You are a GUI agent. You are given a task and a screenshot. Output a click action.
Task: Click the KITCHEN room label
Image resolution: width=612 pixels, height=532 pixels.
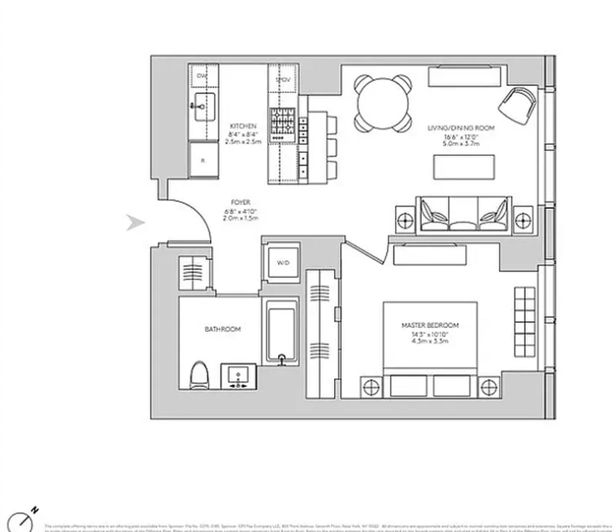[x=243, y=126]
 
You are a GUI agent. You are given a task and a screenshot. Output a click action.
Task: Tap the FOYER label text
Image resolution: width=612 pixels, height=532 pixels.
[x=241, y=202]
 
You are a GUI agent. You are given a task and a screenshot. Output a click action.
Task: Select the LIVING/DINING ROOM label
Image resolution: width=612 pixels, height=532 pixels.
[x=461, y=128]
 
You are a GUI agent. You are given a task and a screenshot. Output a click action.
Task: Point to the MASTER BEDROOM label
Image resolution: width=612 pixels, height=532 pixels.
[x=430, y=325]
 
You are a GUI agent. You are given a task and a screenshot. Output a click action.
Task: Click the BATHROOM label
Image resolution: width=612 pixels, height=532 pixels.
[x=223, y=329]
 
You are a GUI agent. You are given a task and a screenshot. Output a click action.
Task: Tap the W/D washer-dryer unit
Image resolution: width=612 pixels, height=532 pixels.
[x=283, y=263]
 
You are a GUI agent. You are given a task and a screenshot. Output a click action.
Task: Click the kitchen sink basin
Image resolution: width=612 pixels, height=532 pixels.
[x=205, y=107]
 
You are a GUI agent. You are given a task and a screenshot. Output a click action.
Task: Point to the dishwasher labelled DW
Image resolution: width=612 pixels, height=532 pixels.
[x=202, y=76]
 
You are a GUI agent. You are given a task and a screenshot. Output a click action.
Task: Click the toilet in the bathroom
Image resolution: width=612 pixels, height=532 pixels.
[x=199, y=375]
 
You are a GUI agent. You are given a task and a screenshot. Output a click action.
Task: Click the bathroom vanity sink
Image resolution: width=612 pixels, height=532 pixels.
[x=238, y=376]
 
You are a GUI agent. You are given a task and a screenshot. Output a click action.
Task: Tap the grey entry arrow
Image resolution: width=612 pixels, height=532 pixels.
[x=135, y=222]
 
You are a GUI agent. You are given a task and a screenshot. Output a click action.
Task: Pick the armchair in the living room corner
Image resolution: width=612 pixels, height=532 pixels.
[x=517, y=105]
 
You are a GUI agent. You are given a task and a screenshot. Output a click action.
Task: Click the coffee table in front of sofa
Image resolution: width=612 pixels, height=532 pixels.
[x=464, y=167]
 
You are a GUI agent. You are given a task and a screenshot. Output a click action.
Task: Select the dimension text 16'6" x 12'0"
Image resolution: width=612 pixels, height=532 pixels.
[x=461, y=137]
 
